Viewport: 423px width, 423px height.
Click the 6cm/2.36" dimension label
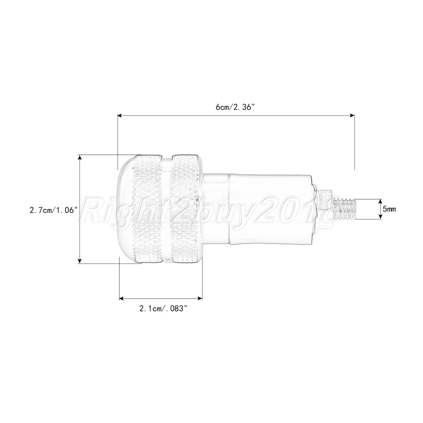click(235, 107)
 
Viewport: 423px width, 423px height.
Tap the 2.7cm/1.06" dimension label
click(53, 210)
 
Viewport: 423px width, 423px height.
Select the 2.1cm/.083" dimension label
click(163, 308)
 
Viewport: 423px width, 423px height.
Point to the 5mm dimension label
click(389, 209)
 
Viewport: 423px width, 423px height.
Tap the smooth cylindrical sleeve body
click(270, 209)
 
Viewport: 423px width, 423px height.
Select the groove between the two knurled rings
click(167, 209)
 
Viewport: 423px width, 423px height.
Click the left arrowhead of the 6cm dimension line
click(120, 115)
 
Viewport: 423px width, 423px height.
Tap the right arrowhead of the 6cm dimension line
click(352, 115)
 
